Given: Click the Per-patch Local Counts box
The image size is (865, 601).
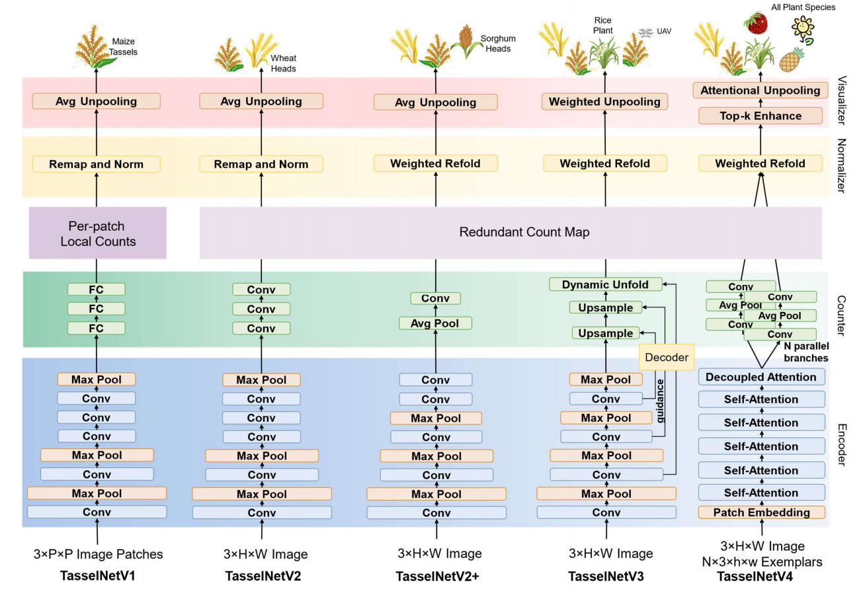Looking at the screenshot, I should point(98,232).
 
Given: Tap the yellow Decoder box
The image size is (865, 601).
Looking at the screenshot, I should point(667,357).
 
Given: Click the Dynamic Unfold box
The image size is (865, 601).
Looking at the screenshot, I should point(605,284).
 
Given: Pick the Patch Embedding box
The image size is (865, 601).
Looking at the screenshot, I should point(761,512).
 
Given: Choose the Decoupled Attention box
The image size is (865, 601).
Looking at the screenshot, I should point(761,377).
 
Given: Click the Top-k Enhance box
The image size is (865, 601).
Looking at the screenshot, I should point(760,116).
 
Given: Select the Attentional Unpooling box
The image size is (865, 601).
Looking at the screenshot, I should point(760,91).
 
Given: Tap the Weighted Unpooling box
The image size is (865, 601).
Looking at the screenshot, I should point(604,102).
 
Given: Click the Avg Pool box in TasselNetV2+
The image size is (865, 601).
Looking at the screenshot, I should point(436,323).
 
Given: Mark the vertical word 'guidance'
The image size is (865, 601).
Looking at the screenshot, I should point(659,401).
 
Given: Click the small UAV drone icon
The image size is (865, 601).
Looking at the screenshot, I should point(645,32).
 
